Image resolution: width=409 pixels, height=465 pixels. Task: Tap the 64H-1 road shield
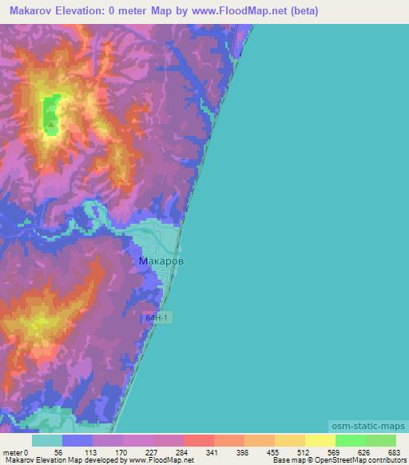point(158,318)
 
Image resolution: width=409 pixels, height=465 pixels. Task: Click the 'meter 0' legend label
point(16,451)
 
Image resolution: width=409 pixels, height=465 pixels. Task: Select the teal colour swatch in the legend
point(47,440)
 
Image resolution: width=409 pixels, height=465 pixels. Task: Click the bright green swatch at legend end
point(381,440)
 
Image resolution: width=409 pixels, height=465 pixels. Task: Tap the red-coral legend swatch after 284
point(199,440)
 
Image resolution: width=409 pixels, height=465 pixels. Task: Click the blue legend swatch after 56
point(77,440)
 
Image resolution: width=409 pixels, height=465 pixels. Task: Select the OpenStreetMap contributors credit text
point(363,461)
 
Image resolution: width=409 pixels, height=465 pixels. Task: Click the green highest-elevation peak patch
point(50,112)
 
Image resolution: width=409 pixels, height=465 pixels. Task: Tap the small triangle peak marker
point(51,124)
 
